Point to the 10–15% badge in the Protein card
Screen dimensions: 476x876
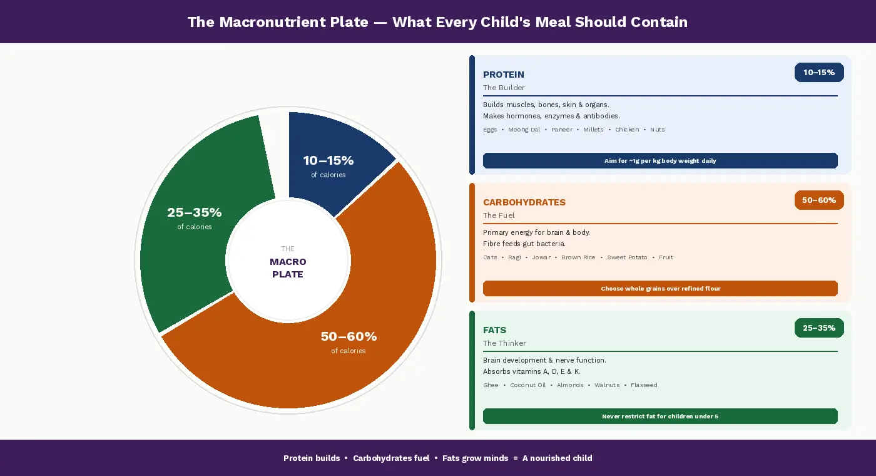pos(819,73)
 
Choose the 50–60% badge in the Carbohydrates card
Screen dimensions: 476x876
pos(819,200)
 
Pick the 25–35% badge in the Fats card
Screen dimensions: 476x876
pos(819,328)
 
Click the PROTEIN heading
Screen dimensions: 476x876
pos(504,75)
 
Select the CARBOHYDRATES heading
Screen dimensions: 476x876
pos(524,202)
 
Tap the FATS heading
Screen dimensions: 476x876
pos(494,330)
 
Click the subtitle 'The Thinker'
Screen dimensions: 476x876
pos(504,343)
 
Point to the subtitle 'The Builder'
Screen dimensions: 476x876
pos(504,88)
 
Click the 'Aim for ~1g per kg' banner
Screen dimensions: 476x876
pos(660,161)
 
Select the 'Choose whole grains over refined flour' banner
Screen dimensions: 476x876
pos(660,289)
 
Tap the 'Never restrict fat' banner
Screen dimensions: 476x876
pos(660,416)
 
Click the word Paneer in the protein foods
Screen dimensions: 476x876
pos(562,130)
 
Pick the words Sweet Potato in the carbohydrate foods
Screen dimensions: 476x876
pos(626,257)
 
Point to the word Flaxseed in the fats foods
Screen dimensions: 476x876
pos(643,385)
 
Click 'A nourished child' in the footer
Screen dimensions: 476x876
pos(557,458)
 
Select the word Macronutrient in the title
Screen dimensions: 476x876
pos(293,22)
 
